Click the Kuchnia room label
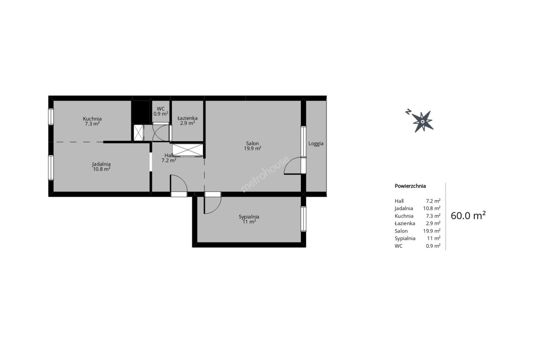click(92, 119)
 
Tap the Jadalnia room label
click(101, 164)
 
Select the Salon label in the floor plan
click(252, 143)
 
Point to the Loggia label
click(316, 144)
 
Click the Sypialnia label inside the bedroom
click(249, 217)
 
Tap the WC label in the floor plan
click(161, 109)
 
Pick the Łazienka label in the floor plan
click(187, 118)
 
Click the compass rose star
click(423, 122)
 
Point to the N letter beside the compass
click(409, 112)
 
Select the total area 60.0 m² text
click(468, 216)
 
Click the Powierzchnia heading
click(410, 186)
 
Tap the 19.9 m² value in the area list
click(432, 231)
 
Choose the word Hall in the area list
click(399, 201)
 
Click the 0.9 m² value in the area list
click(433, 246)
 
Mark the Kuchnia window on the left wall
click(51, 117)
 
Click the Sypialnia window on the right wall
click(304, 219)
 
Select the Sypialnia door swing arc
click(216, 209)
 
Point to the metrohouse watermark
click(265, 174)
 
